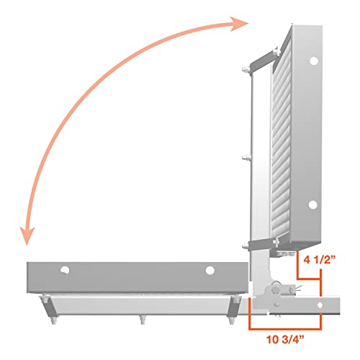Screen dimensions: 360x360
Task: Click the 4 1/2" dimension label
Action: pos(320,260)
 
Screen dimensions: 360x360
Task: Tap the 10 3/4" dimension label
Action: pos(285,339)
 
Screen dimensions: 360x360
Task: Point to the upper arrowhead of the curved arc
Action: pos(239,24)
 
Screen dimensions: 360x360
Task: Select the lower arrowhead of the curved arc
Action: pos(27,236)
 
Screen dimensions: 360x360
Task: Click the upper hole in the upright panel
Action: pos(314,60)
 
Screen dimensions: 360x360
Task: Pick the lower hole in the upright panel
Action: pos(312,204)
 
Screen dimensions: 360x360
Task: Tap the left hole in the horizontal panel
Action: pos(65,270)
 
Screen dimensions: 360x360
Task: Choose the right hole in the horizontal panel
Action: pos(210,270)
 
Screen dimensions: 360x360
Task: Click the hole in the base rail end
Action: pos(320,305)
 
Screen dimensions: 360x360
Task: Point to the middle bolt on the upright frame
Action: pos(246,158)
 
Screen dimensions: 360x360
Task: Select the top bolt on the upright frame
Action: pos(246,70)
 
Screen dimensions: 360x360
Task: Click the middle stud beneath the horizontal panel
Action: pos(143,320)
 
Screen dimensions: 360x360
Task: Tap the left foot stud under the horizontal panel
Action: pos(54,320)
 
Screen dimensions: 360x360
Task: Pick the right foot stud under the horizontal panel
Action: pos(231,320)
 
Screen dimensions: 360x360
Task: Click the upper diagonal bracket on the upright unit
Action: pos(264,60)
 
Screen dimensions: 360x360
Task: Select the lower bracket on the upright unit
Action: pos(261,245)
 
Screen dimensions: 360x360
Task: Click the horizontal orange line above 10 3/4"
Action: pos(285,329)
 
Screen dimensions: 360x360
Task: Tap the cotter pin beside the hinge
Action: pos(298,289)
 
